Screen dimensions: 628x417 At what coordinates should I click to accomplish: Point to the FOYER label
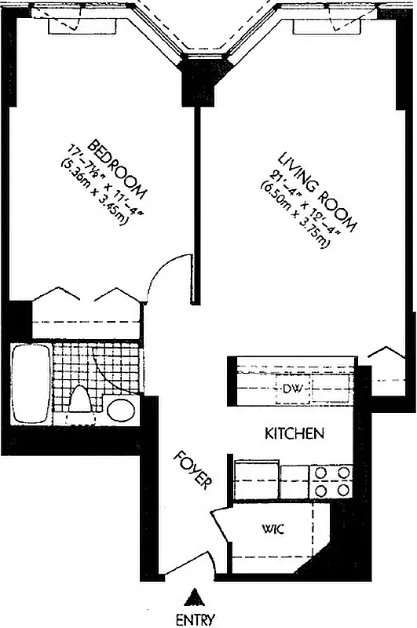coord(193,470)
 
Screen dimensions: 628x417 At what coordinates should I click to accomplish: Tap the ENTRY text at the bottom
coord(195,620)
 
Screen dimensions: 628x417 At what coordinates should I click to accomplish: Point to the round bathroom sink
coord(120,409)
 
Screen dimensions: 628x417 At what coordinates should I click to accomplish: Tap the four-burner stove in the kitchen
coord(331,480)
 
